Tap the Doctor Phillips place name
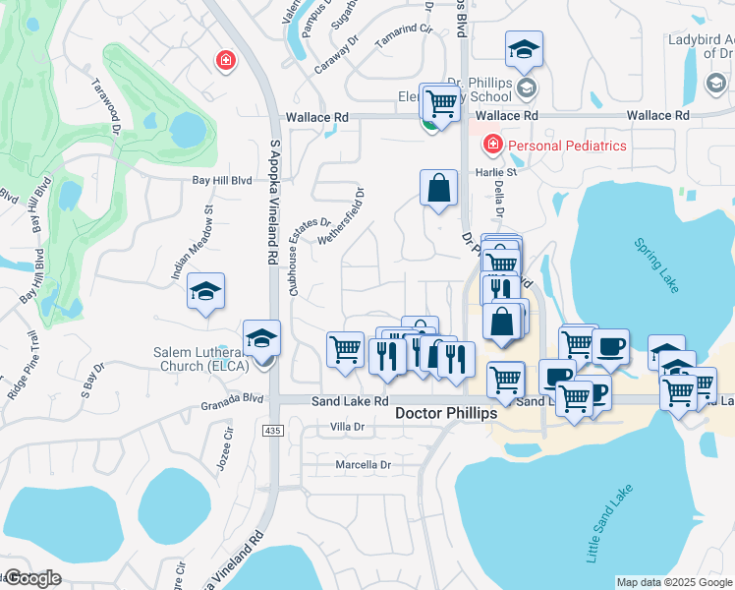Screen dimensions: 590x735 (x=446, y=414)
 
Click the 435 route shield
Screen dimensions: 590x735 (x=272, y=431)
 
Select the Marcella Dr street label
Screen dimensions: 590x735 (x=364, y=464)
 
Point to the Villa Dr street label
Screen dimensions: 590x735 (x=348, y=426)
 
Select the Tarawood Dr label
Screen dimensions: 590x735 (x=106, y=109)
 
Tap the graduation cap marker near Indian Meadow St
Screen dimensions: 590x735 (x=206, y=291)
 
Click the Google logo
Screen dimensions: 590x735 (x=32, y=578)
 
